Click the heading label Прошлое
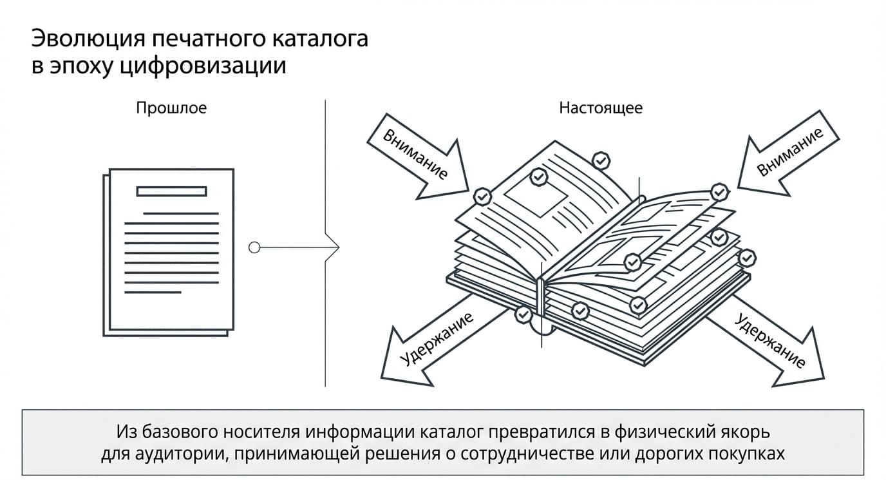pyautogui.click(x=171, y=108)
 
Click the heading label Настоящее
pyautogui.click(x=601, y=108)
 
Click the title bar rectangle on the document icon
pyautogui.click(x=172, y=191)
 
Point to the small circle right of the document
pyautogui.click(x=254, y=247)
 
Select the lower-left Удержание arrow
pyautogui.click(x=431, y=340)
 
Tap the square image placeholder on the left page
pyautogui.click(x=536, y=196)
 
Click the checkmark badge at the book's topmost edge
pyautogui.click(x=601, y=160)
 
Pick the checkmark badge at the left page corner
pyautogui.click(x=482, y=197)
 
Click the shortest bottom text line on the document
pyautogui.click(x=153, y=293)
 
